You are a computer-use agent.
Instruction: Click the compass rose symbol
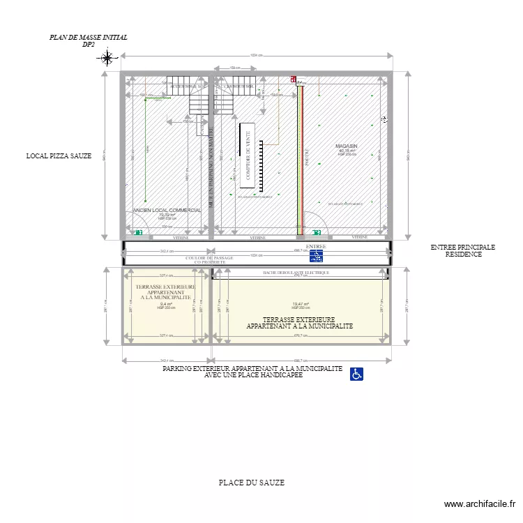(x=107, y=58)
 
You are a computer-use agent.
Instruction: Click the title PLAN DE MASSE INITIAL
(x=89, y=37)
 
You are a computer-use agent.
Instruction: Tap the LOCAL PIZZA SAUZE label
(x=59, y=156)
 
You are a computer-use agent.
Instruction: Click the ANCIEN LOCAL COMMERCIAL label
(x=167, y=210)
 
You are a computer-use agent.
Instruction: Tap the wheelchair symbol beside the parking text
(x=356, y=374)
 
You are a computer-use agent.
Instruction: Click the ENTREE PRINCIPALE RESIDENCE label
(x=462, y=251)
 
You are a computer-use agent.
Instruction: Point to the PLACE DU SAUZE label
(x=251, y=483)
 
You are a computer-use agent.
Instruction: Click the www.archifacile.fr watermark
(x=480, y=504)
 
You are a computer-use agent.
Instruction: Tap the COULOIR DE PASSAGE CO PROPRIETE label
(x=209, y=260)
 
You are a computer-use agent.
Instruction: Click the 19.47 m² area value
(x=301, y=304)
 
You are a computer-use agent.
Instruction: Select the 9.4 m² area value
(x=165, y=304)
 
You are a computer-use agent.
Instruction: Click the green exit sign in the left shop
(x=139, y=232)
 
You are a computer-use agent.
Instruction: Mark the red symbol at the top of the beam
(x=294, y=80)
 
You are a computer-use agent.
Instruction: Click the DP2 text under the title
(x=89, y=45)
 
